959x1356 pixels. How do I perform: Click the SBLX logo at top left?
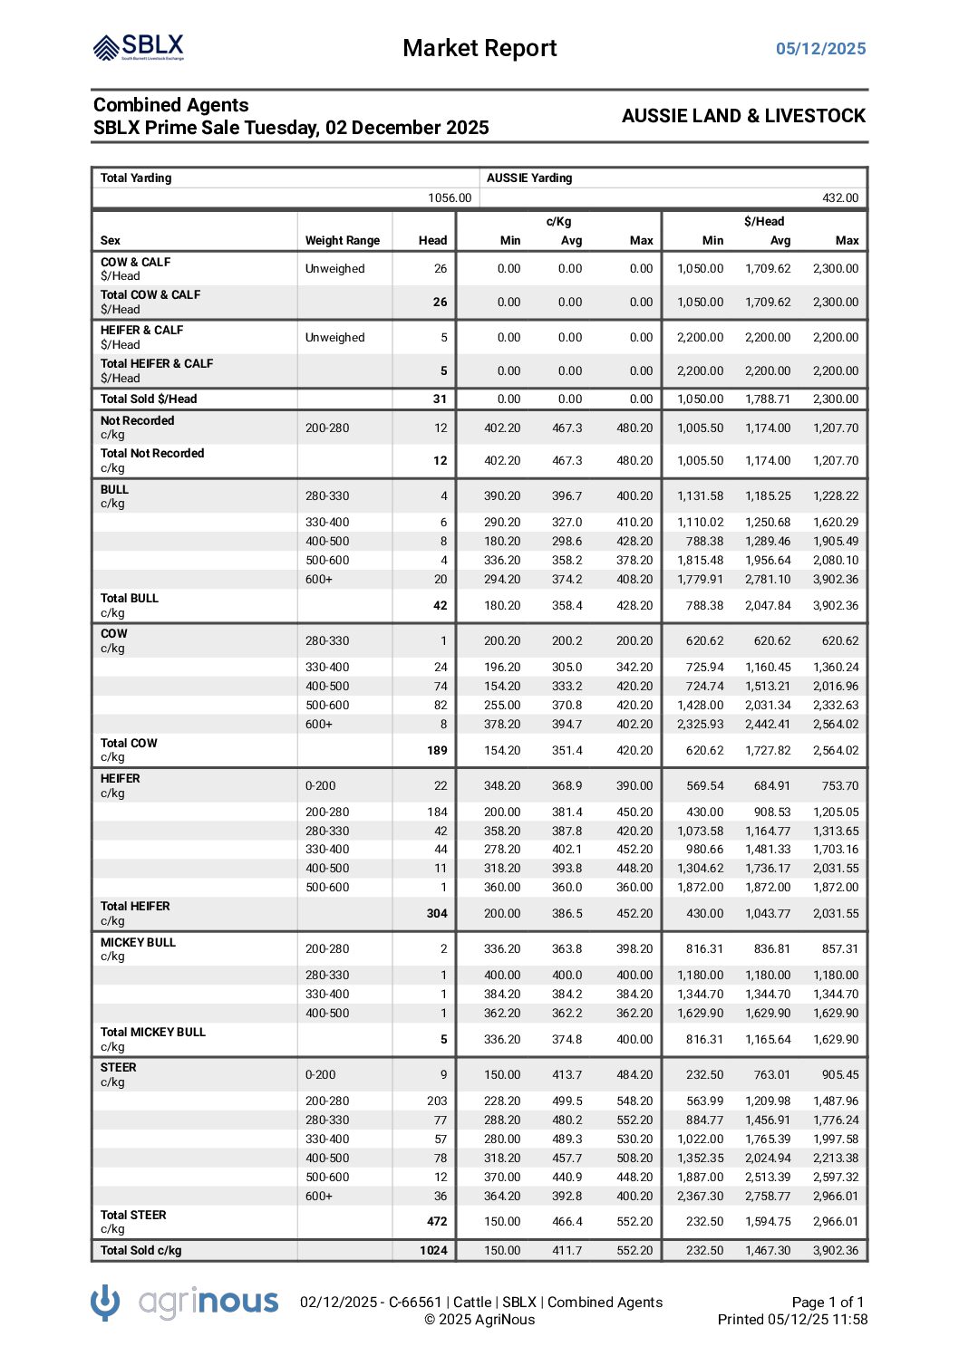(x=139, y=47)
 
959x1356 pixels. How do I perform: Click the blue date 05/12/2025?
(x=820, y=49)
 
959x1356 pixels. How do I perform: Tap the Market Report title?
(x=479, y=48)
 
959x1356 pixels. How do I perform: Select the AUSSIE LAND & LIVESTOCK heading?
(x=743, y=116)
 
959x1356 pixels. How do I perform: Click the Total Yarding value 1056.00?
(x=450, y=198)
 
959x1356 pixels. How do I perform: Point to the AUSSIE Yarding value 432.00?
(x=840, y=198)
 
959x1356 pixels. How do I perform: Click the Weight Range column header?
(x=342, y=241)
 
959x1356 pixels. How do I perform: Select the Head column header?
(x=432, y=241)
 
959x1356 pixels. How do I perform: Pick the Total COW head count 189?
(x=437, y=750)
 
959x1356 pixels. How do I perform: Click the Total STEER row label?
(x=133, y=1215)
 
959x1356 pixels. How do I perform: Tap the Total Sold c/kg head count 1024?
(x=433, y=1250)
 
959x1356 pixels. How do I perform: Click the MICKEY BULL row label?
(x=138, y=942)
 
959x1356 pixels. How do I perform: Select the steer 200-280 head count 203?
(x=437, y=1101)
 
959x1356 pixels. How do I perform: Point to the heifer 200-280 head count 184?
(x=437, y=812)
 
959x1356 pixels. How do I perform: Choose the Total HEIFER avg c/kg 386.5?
(x=567, y=913)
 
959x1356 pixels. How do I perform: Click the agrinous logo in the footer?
(x=185, y=1303)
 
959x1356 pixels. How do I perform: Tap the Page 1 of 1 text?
(x=828, y=1302)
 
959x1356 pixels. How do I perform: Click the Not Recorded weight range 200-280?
(x=326, y=428)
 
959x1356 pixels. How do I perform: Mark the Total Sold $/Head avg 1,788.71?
(x=767, y=399)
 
